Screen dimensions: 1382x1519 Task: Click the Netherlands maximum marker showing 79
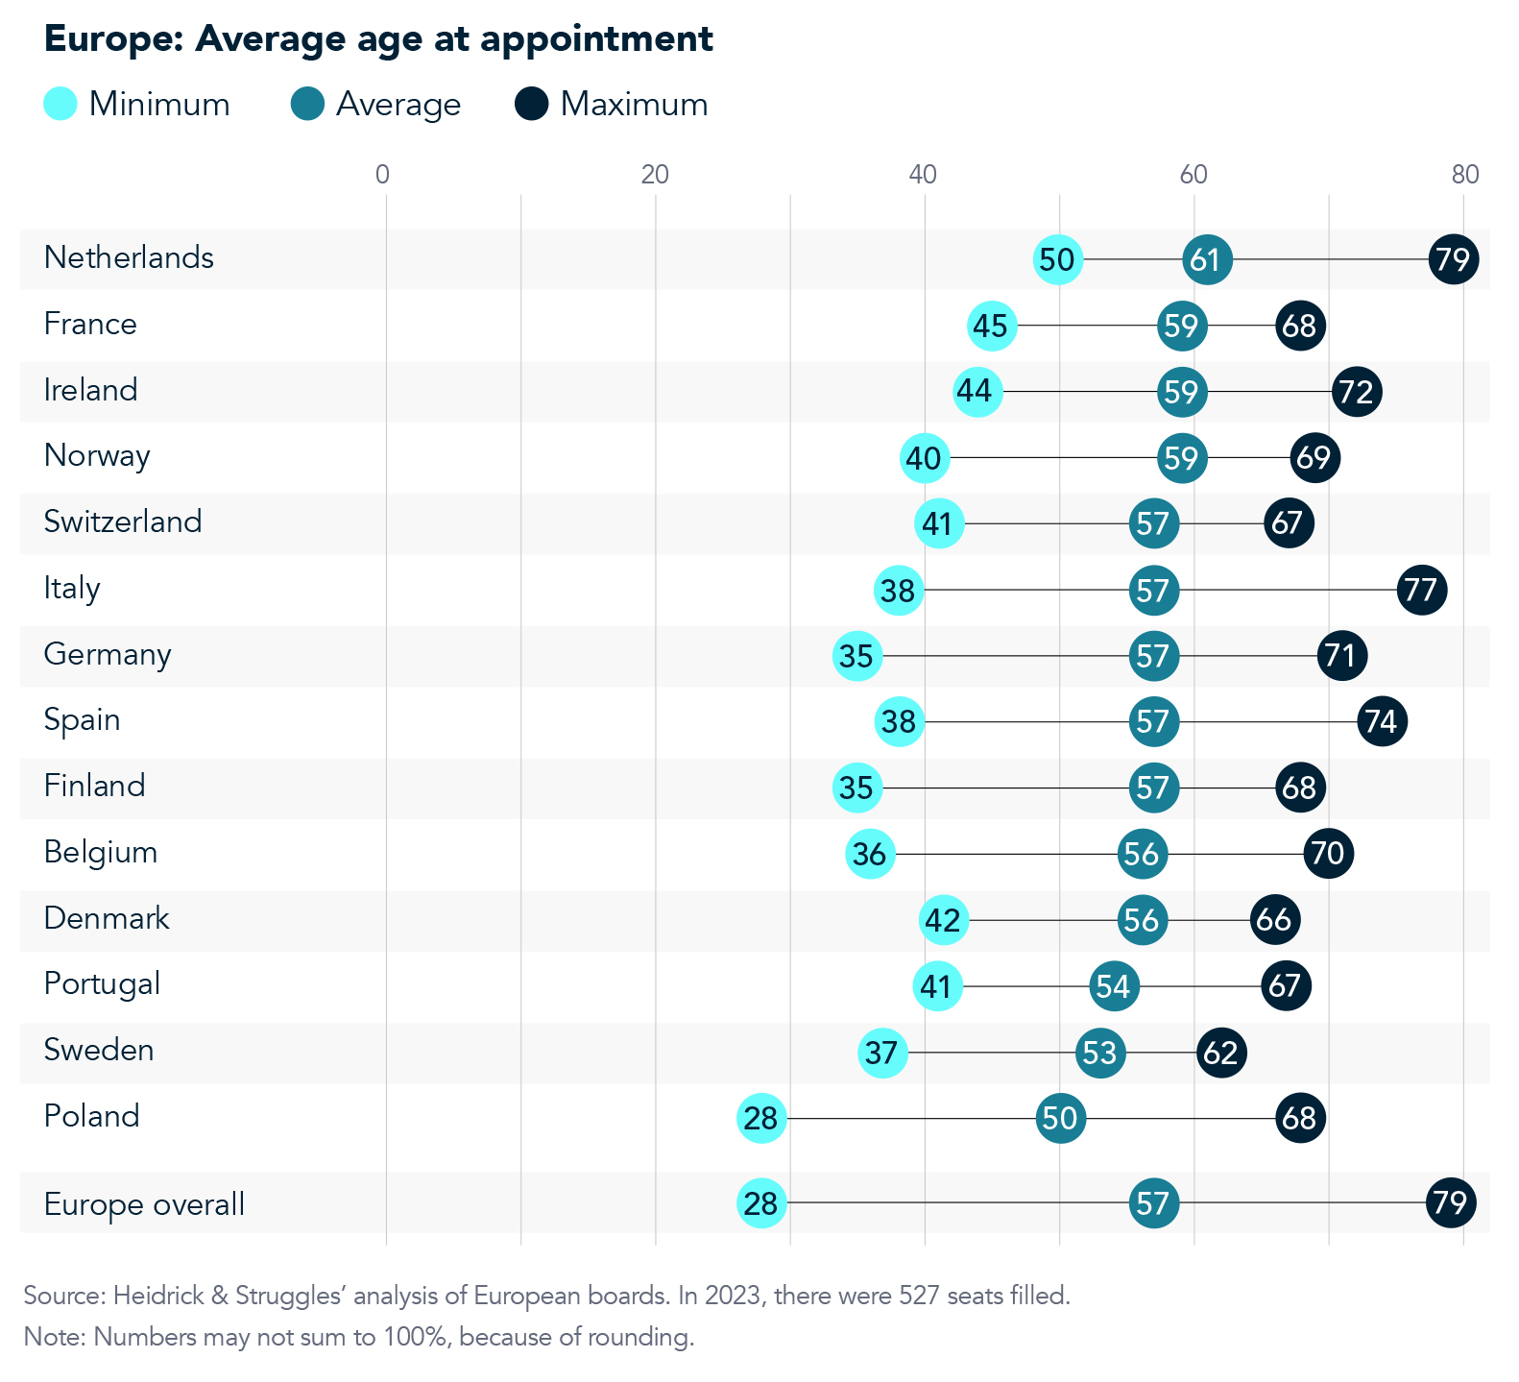(1453, 259)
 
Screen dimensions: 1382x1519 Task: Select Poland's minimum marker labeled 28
(761, 1118)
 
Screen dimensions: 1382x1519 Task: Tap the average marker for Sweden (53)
(1099, 1053)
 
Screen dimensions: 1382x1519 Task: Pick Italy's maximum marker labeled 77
(1421, 590)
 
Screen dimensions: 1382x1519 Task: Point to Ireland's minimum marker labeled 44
(977, 392)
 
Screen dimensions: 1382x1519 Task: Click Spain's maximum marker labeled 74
(1382, 721)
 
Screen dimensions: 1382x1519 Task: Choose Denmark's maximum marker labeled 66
(1274, 920)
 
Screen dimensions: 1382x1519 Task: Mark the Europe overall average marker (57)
(1153, 1202)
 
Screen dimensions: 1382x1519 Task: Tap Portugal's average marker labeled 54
(1114, 985)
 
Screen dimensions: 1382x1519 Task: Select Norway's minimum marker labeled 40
(925, 458)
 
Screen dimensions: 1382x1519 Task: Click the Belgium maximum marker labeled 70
(1328, 854)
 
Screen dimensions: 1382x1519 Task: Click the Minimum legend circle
(60, 104)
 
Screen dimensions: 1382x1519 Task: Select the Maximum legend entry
(613, 104)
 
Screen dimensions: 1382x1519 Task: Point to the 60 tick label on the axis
(1193, 175)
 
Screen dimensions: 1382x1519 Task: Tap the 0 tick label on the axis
(383, 175)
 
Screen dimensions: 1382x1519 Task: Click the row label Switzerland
(123, 521)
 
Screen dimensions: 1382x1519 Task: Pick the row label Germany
(108, 654)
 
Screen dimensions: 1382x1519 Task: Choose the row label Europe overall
(144, 1204)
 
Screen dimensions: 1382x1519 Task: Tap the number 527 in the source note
(919, 1296)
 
